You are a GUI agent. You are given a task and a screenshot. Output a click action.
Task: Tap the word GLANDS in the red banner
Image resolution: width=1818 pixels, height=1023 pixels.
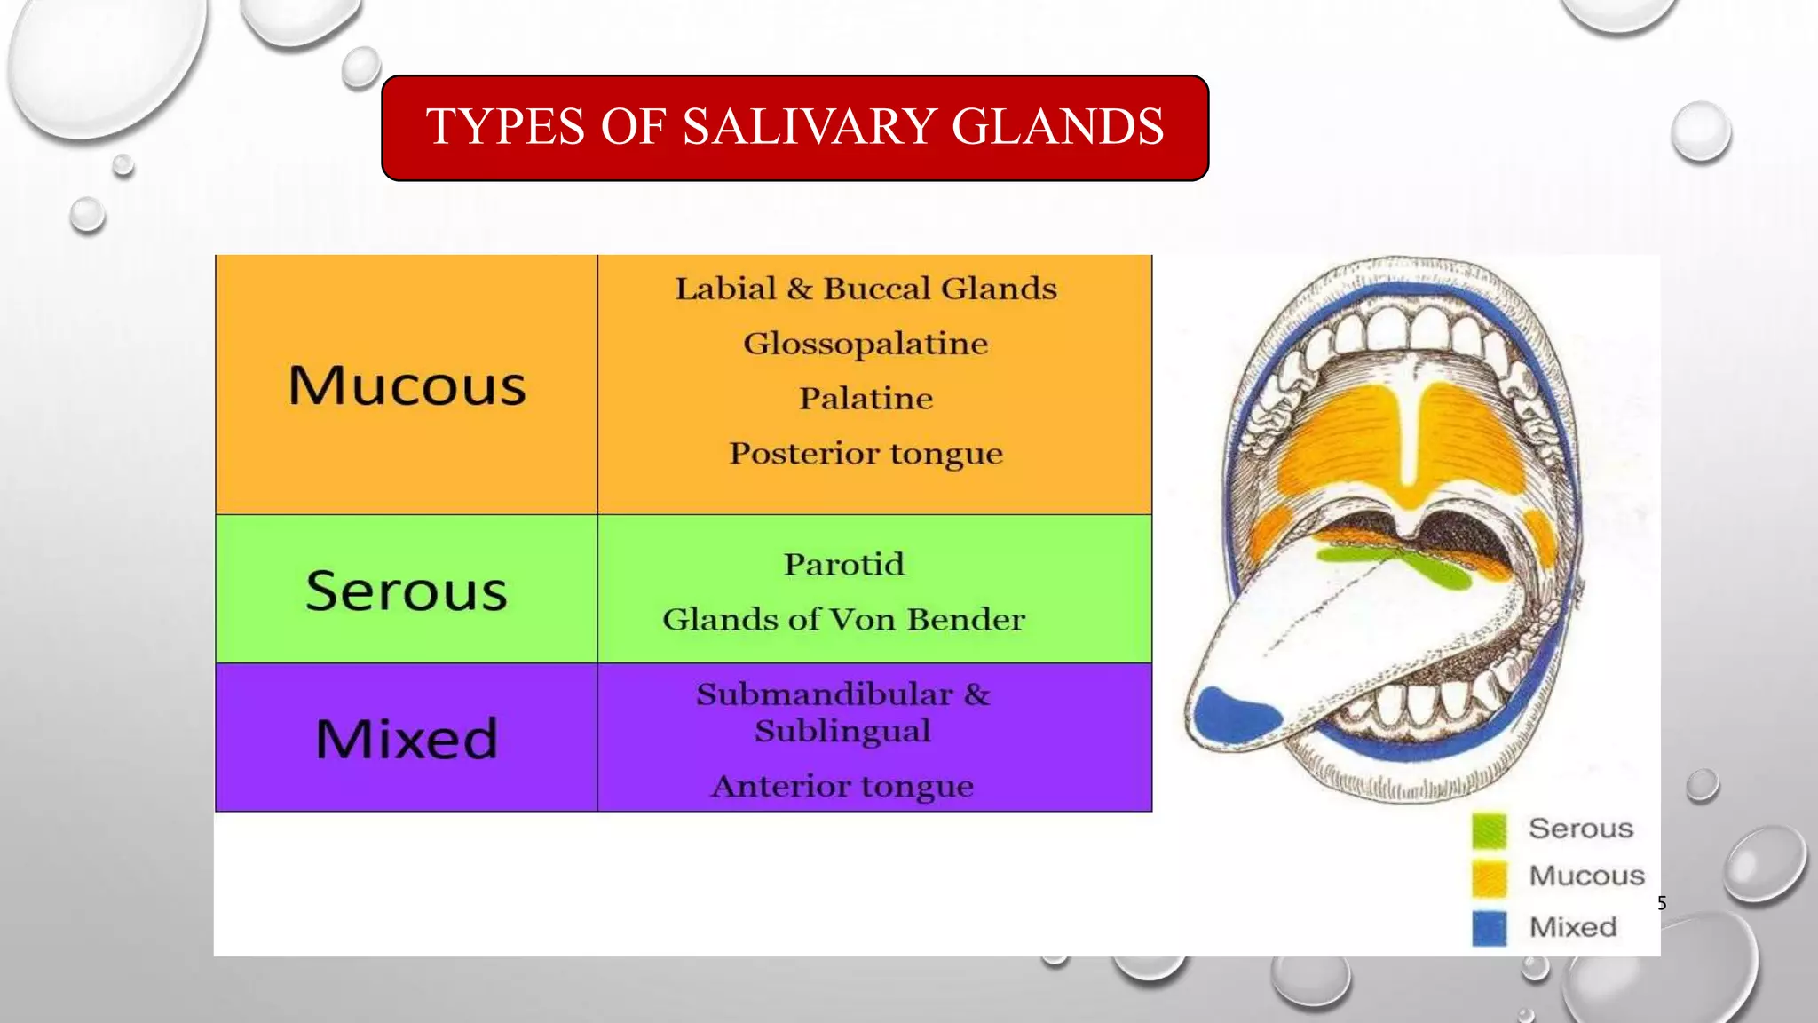coord(1057,126)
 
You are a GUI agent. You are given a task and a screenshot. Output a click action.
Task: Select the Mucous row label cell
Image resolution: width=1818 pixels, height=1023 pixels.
coord(407,385)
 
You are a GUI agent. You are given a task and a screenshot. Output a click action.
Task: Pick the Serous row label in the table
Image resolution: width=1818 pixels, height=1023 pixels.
coord(407,591)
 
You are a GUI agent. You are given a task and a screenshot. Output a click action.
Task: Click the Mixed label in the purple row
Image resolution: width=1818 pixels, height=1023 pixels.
coord(407,739)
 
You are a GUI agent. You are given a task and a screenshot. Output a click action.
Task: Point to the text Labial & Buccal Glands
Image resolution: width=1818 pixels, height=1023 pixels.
coord(866,289)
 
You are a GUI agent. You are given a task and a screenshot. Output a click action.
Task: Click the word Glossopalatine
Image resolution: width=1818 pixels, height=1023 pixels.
coord(866,344)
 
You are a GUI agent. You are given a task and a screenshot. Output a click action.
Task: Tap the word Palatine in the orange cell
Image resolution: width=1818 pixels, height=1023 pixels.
coord(866,398)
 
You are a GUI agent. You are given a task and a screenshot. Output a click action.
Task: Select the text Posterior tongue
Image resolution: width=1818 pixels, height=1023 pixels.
coord(866,453)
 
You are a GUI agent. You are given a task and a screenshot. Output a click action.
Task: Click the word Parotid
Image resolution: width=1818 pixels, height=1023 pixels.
coord(843,564)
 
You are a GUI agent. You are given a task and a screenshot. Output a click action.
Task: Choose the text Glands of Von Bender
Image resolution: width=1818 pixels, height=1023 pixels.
coord(843,619)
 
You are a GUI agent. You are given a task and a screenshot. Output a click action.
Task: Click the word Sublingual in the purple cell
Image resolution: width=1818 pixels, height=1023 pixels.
coord(842,731)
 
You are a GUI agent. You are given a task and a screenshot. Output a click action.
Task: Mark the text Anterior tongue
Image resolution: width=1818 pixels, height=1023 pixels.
coord(842,786)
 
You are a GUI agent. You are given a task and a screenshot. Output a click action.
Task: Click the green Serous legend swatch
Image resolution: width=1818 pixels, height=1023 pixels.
coord(1489,829)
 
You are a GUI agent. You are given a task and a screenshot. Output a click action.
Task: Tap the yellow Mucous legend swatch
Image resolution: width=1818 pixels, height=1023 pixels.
coord(1489,877)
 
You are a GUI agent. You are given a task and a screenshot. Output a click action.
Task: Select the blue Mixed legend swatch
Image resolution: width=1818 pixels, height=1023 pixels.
coord(1489,928)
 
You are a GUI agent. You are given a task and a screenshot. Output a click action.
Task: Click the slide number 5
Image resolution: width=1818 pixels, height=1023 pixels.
coord(1662,904)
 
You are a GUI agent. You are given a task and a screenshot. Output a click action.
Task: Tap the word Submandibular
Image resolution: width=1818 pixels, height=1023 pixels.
coord(824,694)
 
